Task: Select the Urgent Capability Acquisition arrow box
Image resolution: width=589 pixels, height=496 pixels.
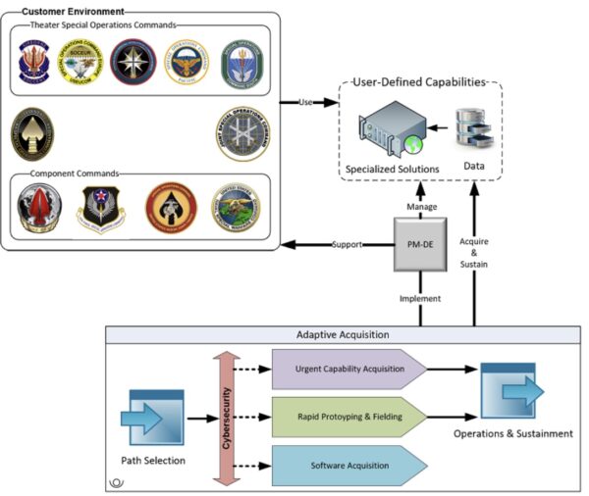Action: coord(351,370)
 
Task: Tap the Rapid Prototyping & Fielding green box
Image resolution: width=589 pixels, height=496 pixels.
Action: coord(351,416)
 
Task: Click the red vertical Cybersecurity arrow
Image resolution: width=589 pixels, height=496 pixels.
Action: coord(224,416)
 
